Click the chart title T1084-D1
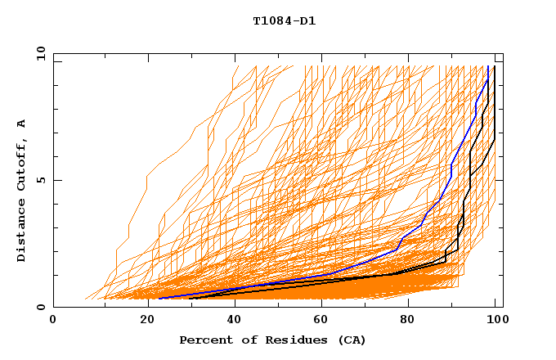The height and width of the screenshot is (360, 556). pos(284,20)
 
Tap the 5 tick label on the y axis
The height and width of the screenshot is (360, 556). pos(40,180)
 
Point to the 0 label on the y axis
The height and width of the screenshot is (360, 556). pos(40,307)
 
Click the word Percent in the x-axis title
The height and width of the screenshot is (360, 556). pos(203,340)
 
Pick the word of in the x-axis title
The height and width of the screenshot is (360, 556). pos(244,340)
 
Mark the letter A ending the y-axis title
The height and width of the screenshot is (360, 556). pos(22,123)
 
